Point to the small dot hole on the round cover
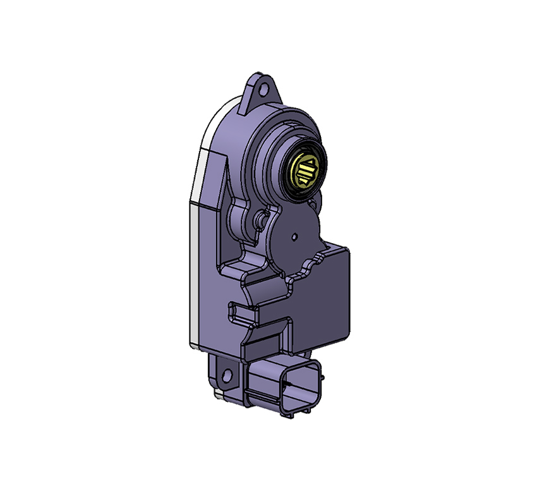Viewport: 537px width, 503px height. tap(295, 236)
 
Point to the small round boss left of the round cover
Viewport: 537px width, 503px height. tap(259, 219)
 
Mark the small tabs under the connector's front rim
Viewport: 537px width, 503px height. tap(297, 414)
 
